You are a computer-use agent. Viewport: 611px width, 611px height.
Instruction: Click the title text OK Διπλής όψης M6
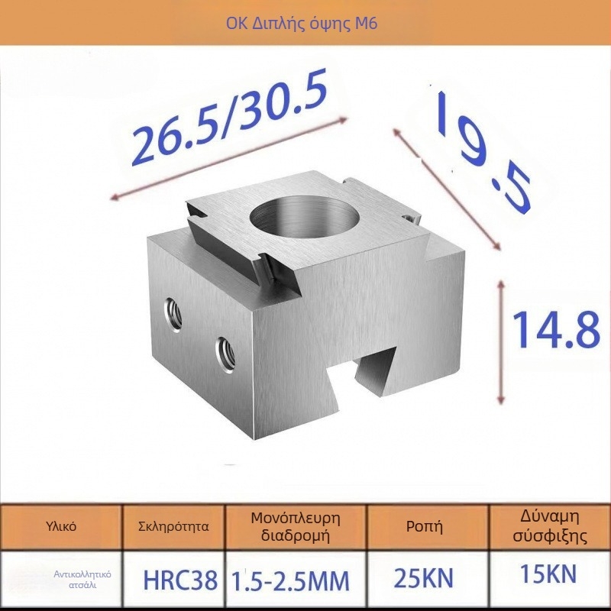[302, 24]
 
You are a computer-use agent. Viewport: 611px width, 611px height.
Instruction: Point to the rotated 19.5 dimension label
[483, 152]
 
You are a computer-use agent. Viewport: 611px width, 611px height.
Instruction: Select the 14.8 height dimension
[556, 330]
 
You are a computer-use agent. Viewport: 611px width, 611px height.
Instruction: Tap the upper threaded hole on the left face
[174, 314]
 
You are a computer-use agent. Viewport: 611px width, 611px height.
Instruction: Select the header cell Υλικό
[61, 527]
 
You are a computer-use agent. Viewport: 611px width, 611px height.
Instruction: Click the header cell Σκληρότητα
[174, 527]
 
